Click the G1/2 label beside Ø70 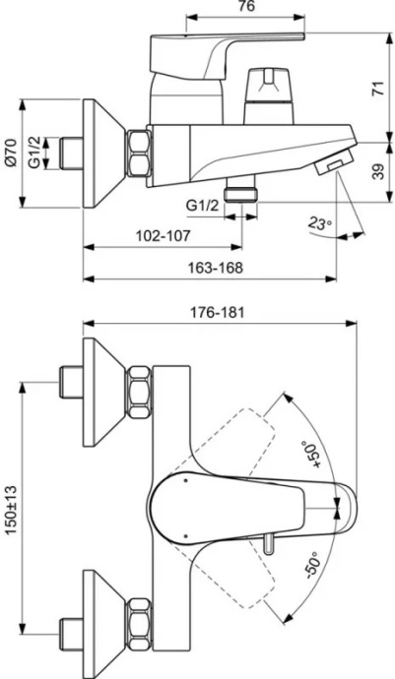click(x=35, y=153)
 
